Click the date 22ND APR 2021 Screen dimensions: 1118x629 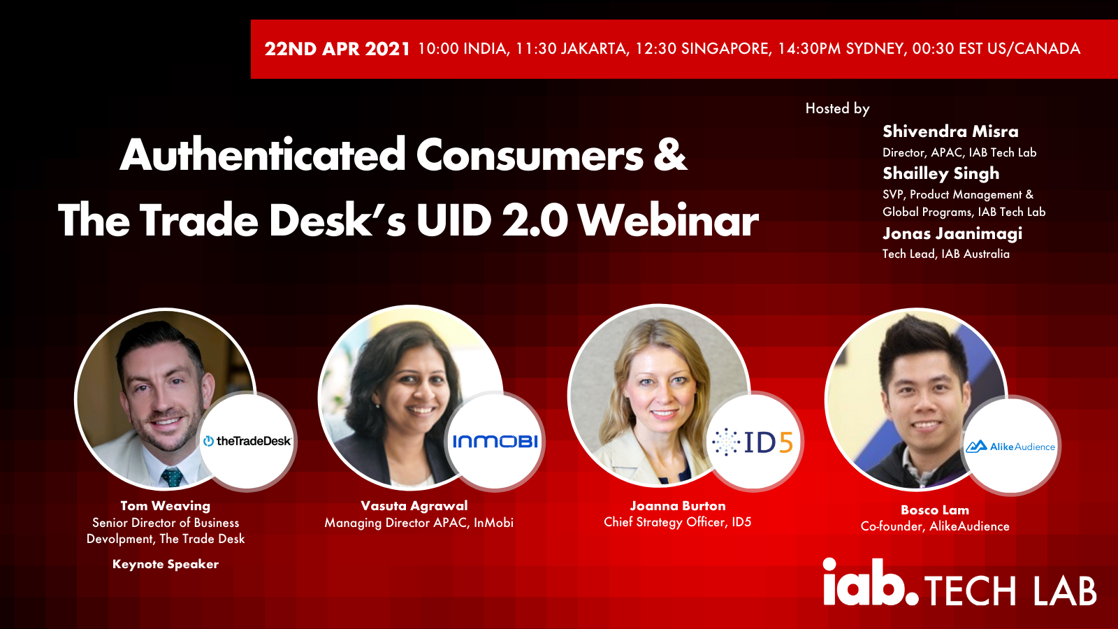tap(337, 49)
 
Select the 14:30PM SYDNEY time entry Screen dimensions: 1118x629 tap(841, 49)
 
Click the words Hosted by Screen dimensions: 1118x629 tap(838, 108)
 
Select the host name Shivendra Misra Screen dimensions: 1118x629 tap(950, 131)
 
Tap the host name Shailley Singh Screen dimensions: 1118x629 tap(941, 174)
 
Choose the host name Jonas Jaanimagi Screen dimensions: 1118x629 tap(952, 233)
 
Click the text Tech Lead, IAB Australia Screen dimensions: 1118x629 tap(946, 254)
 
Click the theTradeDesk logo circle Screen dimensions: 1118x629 tap(247, 441)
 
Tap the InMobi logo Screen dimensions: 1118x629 tap(495, 441)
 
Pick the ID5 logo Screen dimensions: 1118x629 tap(753, 441)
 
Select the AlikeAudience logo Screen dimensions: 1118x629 tap(1010, 446)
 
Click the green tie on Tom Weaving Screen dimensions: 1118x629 tap(172, 477)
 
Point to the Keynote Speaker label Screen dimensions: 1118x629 tap(166, 564)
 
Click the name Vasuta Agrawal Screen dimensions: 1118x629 tap(414, 506)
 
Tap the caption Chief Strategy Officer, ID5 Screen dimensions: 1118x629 tap(677, 522)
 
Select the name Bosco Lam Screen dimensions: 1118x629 tap(935, 509)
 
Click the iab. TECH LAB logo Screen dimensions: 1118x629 tap(959, 583)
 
